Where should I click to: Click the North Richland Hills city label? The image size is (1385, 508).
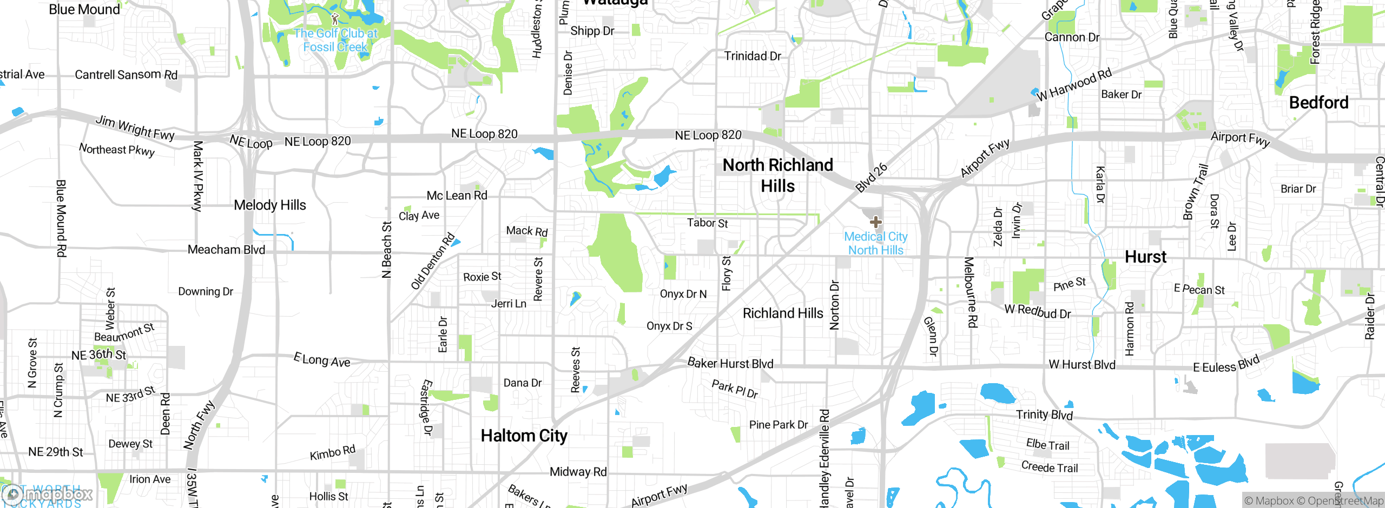(777, 175)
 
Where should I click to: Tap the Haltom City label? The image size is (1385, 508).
(524, 436)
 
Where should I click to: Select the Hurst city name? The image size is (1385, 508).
(1145, 257)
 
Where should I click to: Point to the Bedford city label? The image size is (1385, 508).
(1318, 103)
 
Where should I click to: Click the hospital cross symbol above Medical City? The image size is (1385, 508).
(875, 222)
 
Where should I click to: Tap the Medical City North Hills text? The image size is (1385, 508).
(875, 243)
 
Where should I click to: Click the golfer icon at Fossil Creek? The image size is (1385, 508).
(335, 19)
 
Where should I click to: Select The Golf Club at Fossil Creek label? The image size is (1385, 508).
(335, 40)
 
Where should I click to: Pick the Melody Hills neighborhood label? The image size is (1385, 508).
(269, 205)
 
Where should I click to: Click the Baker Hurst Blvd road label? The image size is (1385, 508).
(730, 363)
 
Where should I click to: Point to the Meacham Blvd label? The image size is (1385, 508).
(226, 250)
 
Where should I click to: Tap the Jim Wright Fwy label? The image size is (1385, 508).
(135, 128)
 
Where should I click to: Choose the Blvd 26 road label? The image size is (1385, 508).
(871, 177)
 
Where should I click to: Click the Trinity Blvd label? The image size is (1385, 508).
(1044, 415)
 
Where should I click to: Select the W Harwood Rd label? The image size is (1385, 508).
(1074, 84)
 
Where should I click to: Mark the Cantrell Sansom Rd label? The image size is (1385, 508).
(126, 75)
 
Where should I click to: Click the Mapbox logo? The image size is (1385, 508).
(48, 494)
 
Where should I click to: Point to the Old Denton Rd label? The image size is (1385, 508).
(432, 262)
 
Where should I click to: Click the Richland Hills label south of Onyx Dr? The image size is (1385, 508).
(782, 313)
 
